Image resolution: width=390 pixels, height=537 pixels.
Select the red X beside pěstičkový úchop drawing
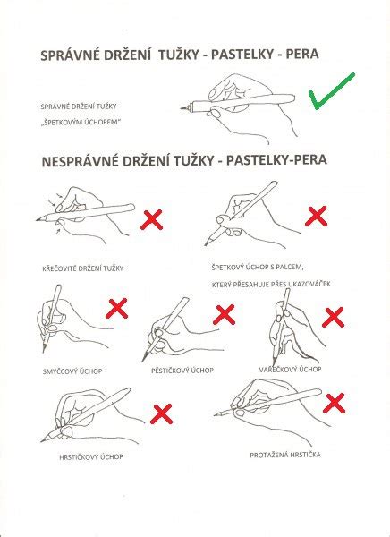(224, 314)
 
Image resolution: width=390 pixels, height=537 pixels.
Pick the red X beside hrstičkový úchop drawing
(162, 413)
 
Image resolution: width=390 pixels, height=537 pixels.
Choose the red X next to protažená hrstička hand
(335, 403)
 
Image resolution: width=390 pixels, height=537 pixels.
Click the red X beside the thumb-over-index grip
(317, 216)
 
